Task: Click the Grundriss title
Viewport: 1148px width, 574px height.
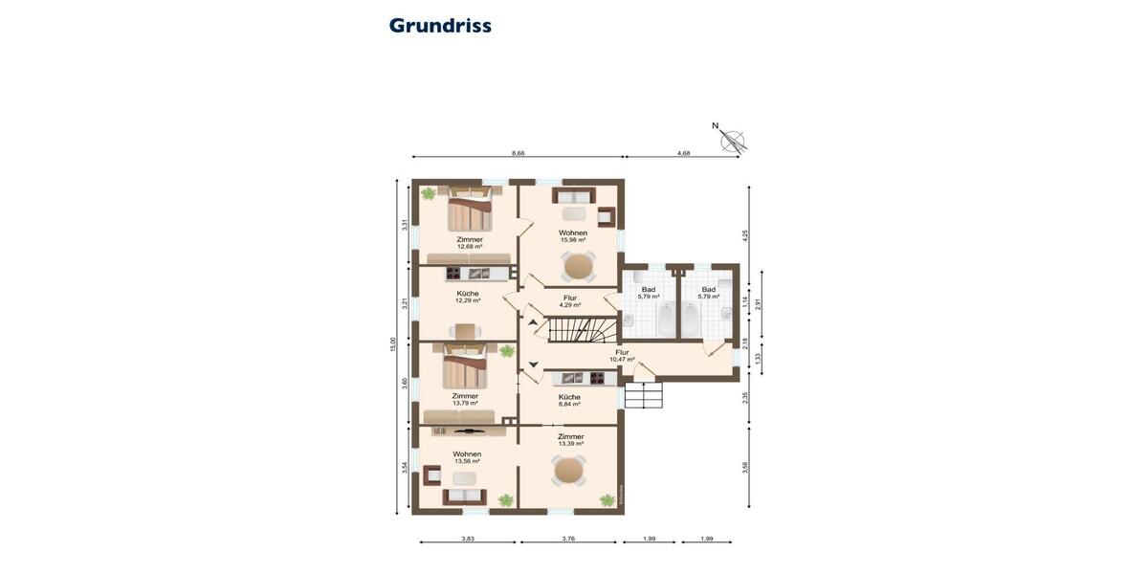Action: [440, 26]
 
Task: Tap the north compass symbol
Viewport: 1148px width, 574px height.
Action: [732, 140]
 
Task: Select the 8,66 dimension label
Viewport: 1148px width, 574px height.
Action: [518, 153]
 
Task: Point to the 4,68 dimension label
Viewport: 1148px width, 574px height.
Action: [683, 153]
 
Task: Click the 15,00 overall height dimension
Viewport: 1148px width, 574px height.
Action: [392, 345]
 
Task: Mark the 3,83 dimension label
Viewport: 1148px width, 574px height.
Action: [468, 539]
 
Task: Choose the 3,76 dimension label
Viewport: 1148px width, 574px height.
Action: [568, 539]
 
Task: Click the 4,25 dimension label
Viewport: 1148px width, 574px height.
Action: [746, 234]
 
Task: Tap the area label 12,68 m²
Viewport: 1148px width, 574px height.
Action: [469, 247]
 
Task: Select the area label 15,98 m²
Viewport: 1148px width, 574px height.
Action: [573, 240]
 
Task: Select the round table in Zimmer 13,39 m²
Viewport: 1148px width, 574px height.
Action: [569, 470]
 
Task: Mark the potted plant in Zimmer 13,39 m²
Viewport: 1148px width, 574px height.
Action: [607, 499]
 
